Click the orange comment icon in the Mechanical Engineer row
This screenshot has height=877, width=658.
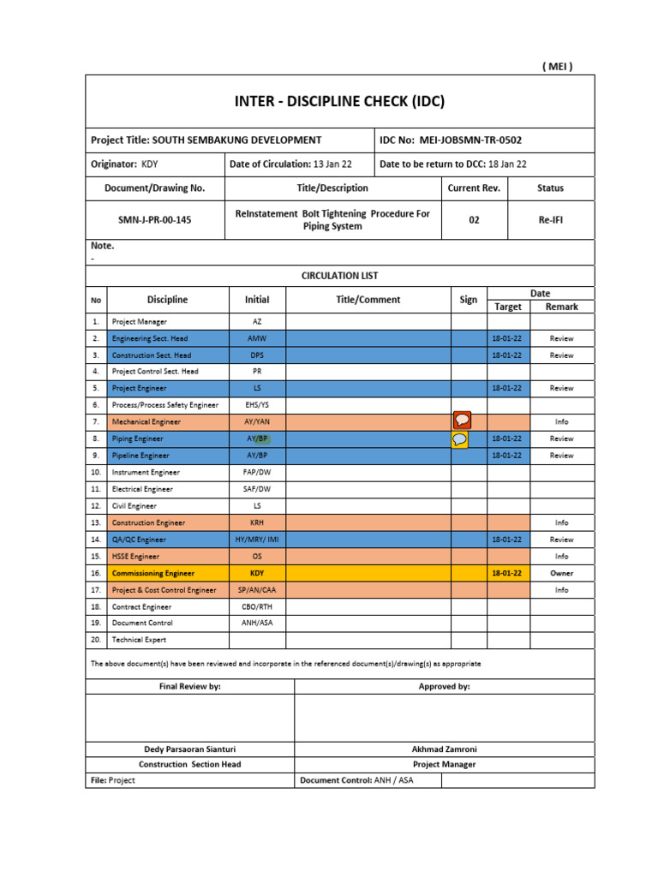point(462,421)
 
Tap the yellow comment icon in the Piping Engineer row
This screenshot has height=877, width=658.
point(460,438)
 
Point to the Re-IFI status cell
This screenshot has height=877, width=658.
point(550,220)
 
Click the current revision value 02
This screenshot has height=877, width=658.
point(474,220)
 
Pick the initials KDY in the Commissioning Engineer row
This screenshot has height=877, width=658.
point(257,573)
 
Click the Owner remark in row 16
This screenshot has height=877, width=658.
point(561,573)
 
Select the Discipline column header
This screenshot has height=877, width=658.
point(167,300)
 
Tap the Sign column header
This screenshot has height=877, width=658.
point(469,300)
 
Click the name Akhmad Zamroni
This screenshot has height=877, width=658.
point(444,749)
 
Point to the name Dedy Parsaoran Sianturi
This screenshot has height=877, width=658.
point(189,749)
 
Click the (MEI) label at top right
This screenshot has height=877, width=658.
point(557,67)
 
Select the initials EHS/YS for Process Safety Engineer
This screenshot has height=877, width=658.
point(257,404)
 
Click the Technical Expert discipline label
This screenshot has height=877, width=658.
point(139,640)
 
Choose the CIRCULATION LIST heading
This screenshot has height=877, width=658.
point(339,276)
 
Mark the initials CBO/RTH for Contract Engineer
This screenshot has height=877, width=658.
point(257,606)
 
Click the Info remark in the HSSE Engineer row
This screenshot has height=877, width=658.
point(561,557)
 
